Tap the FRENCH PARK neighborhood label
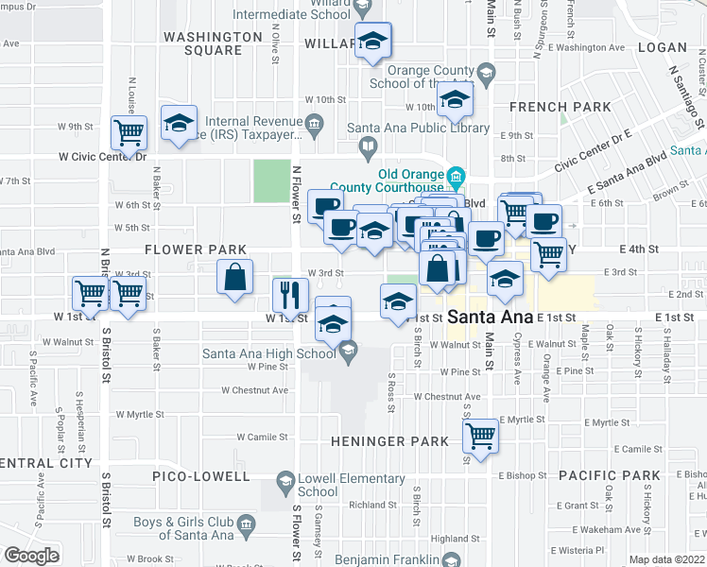point(560,107)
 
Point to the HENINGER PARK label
point(389,441)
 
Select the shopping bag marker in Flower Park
point(235,277)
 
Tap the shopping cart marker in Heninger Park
point(481,437)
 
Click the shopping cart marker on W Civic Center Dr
point(129,131)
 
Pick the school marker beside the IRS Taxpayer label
point(178,123)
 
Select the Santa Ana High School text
point(268,353)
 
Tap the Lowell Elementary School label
point(318,485)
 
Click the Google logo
point(31,555)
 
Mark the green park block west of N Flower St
point(271,180)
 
